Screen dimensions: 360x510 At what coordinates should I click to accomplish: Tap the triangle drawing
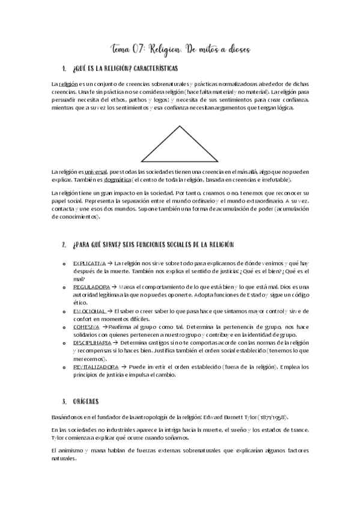(x=180, y=144)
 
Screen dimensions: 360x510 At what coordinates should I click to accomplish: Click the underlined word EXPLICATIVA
(x=89, y=263)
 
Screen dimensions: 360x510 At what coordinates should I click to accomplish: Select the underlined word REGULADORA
(x=91, y=287)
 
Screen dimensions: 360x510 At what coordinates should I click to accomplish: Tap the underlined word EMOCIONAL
(x=88, y=310)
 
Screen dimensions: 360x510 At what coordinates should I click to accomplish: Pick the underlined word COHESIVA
(x=86, y=326)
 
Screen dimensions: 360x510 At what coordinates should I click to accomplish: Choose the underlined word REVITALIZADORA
(x=93, y=366)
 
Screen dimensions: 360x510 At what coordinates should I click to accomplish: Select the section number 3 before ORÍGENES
(x=64, y=401)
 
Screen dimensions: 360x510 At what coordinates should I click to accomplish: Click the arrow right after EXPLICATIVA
(x=109, y=263)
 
